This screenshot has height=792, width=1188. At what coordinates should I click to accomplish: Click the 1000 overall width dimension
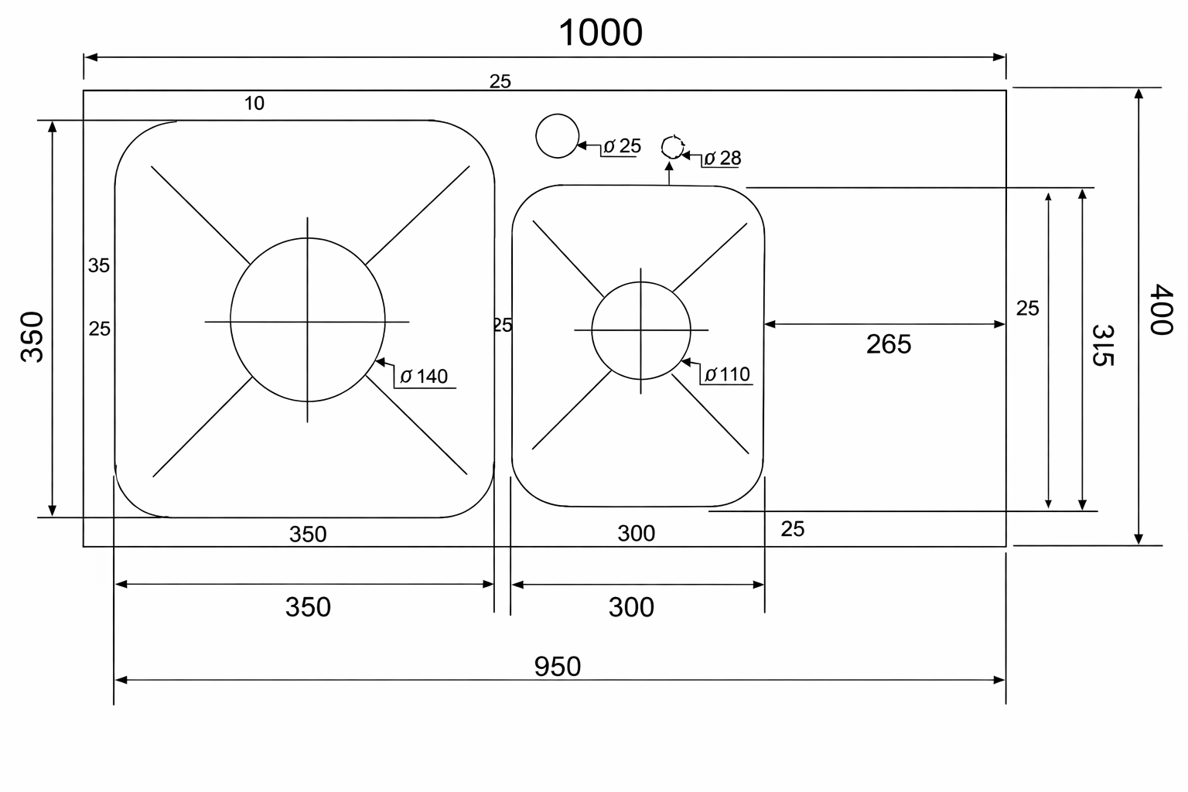coord(600,33)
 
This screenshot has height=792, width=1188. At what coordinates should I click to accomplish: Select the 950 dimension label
coord(557,666)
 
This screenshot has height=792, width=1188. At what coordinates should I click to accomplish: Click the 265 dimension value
coord(889,344)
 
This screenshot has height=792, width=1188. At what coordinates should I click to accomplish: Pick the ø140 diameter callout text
coord(424,377)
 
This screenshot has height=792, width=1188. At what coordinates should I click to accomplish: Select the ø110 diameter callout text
coord(727,374)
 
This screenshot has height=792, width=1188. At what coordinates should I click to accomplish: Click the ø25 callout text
coord(622,145)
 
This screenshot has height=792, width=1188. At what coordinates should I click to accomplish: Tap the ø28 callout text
coord(722,159)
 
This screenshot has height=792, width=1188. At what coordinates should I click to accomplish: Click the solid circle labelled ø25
coord(557,135)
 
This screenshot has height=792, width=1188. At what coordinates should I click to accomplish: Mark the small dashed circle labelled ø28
coord(673,146)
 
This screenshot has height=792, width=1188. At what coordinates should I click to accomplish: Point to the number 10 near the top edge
coord(254,103)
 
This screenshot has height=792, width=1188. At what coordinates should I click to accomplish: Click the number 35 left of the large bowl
coord(99,266)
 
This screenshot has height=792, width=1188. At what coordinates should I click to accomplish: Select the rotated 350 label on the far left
coord(32,336)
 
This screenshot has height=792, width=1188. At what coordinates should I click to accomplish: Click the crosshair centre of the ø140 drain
coord(308,321)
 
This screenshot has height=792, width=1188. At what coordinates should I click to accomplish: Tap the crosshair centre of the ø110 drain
coord(641,330)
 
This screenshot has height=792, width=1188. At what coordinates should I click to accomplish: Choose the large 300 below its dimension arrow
coord(631,607)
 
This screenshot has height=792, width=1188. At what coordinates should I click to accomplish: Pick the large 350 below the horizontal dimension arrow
coord(308,607)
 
